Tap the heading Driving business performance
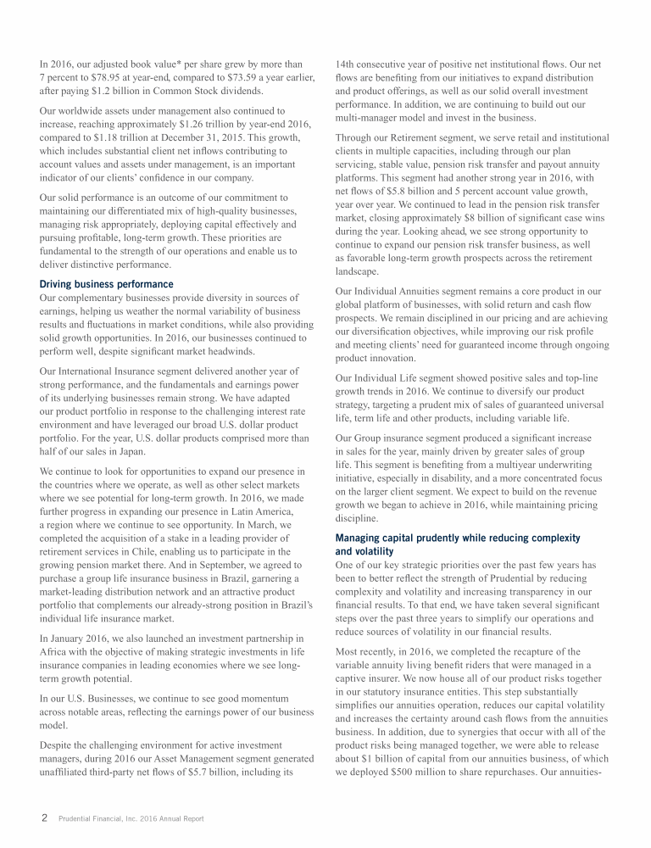coord(107,284)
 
